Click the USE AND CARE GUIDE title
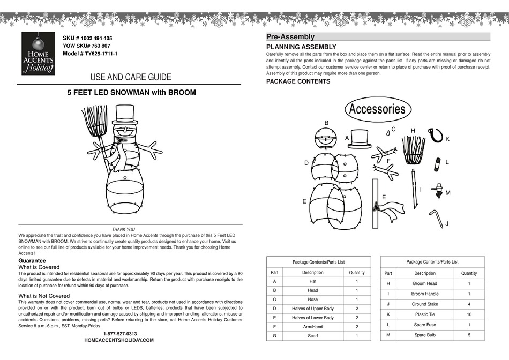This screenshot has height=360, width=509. (x=131, y=77)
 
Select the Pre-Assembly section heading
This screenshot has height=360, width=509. (x=290, y=37)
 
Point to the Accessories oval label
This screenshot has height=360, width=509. (x=377, y=109)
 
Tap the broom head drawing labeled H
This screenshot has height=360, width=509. (x=413, y=151)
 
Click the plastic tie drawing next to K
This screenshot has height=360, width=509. (x=436, y=134)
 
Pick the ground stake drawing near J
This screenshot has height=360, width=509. (x=436, y=219)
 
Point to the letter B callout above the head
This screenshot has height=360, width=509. (x=326, y=123)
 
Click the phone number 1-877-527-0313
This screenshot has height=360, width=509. (x=119, y=334)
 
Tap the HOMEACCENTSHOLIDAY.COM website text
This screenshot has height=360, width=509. (x=119, y=340)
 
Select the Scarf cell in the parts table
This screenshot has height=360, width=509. (x=312, y=336)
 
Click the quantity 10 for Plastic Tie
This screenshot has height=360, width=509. (x=469, y=314)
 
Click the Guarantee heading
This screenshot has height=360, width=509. (x=32, y=260)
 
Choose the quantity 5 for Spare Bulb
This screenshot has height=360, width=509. (x=469, y=335)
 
